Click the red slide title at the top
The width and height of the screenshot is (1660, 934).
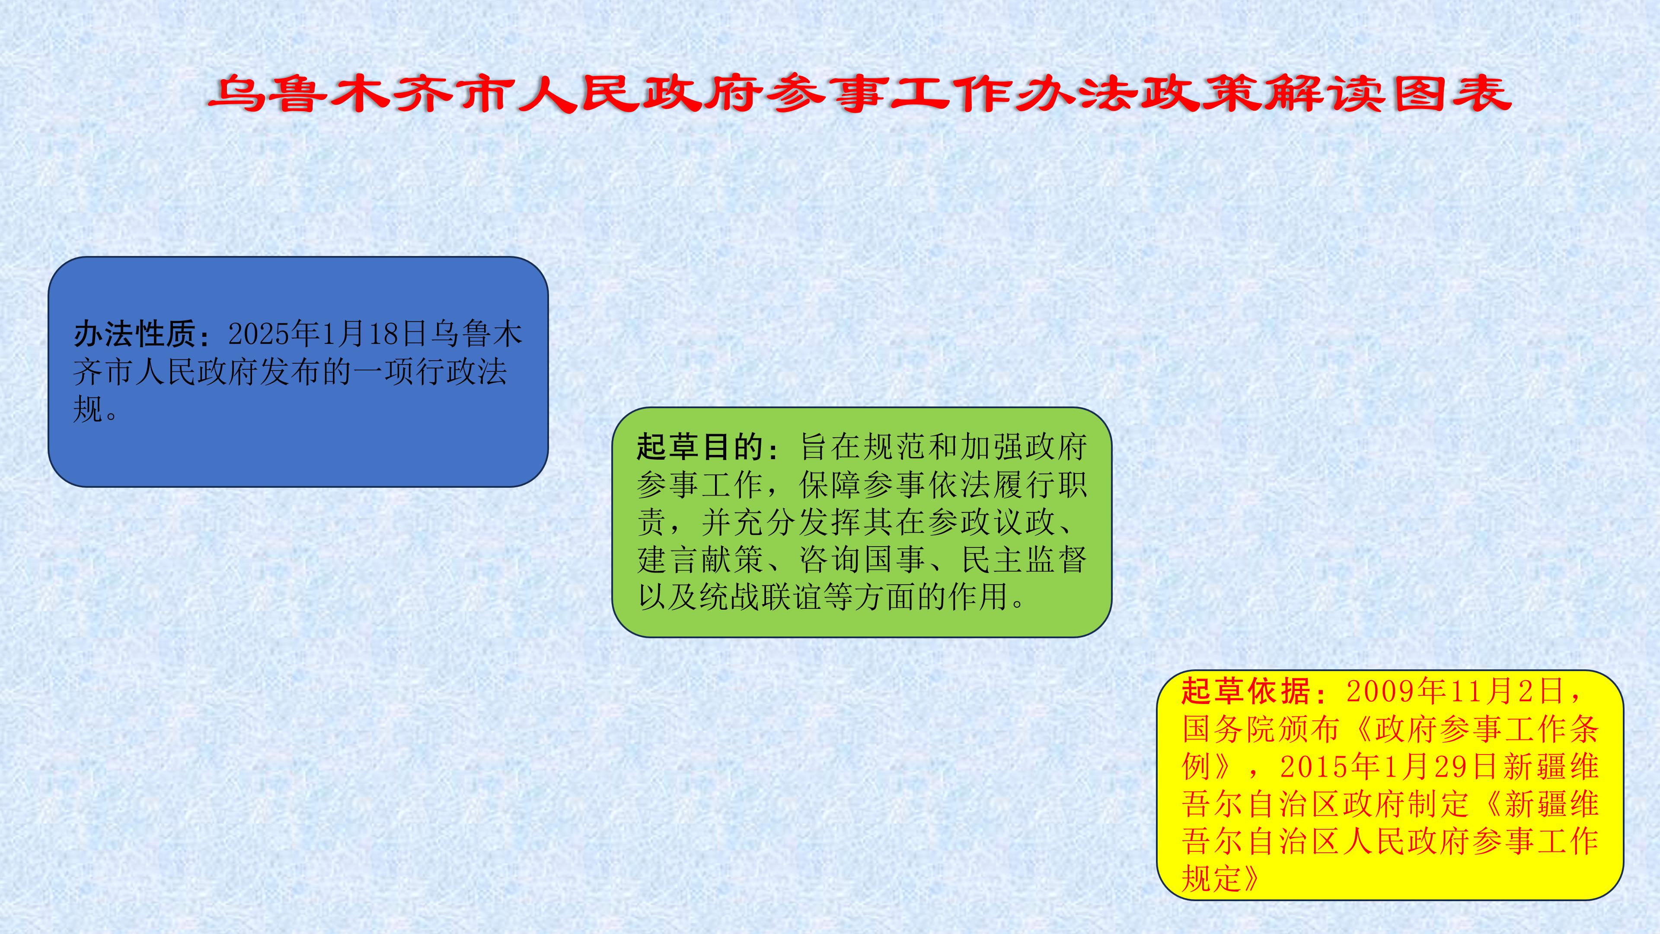860,94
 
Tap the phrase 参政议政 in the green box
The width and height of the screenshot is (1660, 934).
991,522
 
